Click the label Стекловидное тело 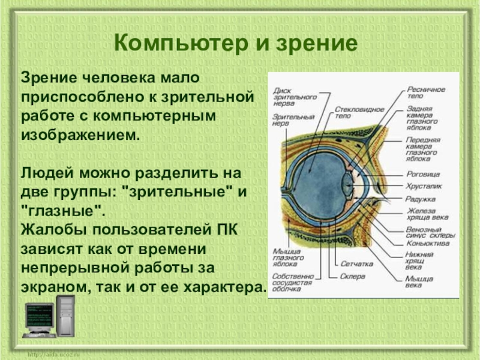(350, 113)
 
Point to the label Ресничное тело (426, 92)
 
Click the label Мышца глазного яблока (287, 257)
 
